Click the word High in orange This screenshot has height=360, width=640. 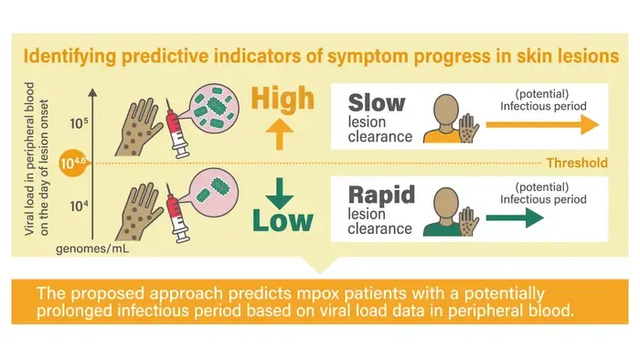click(x=283, y=99)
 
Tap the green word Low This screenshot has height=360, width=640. click(x=283, y=220)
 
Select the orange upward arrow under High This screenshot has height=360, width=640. click(x=280, y=134)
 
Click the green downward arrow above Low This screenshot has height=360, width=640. click(x=280, y=194)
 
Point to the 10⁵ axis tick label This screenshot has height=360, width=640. click(x=79, y=123)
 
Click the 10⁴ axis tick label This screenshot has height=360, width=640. click(x=79, y=206)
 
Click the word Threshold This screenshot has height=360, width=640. click(x=577, y=163)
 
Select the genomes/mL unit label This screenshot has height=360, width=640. click(x=92, y=249)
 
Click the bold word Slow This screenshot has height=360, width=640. click(x=377, y=102)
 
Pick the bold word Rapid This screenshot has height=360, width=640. click(x=381, y=195)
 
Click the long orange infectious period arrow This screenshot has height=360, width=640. click(x=542, y=125)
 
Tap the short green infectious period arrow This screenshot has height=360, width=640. click(x=515, y=218)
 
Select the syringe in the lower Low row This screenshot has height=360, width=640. click(x=178, y=213)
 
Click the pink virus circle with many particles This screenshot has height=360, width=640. click(x=215, y=109)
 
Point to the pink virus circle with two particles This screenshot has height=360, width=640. click(x=215, y=193)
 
